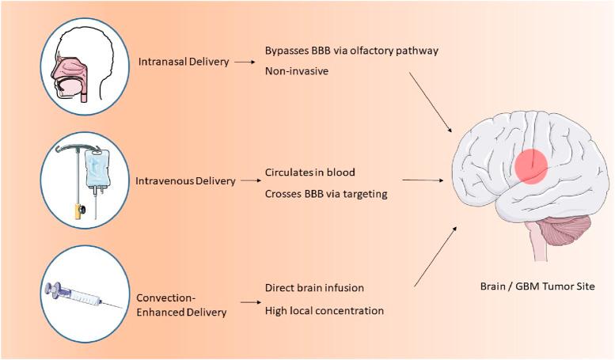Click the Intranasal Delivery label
184,61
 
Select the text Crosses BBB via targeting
326,193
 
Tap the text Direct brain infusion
314,288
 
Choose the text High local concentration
325,310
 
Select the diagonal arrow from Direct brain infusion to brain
436,254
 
